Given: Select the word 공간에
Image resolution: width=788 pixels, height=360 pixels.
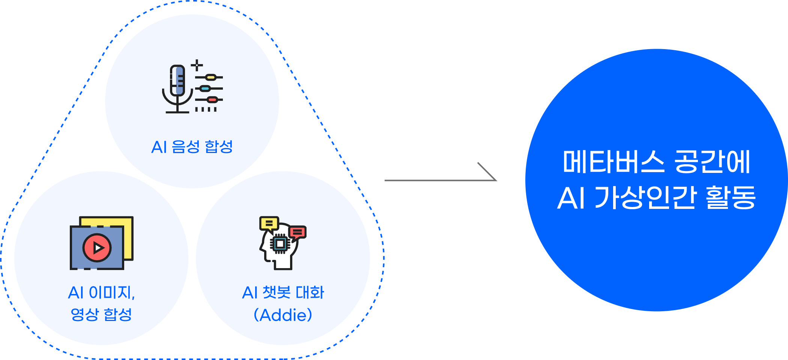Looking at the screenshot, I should (x=712, y=162).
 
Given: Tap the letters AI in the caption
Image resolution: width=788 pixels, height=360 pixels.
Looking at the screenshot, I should (x=571, y=198).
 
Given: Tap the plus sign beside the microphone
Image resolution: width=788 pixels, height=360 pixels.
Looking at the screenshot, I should (x=197, y=66).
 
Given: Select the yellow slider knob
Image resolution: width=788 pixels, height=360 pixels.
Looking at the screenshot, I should (x=211, y=77).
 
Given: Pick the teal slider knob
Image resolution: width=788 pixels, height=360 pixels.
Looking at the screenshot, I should (x=205, y=89).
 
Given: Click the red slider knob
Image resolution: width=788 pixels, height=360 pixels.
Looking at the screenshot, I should (x=212, y=100).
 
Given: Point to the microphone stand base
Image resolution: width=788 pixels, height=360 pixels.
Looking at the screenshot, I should (x=177, y=112).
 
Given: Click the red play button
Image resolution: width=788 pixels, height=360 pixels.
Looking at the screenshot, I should (x=97, y=247).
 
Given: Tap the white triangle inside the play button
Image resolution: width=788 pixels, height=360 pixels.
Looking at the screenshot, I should (x=98, y=247).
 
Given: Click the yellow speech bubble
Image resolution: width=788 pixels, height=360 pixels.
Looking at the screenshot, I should (x=269, y=223).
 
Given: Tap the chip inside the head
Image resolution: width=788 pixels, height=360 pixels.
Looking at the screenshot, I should (x=280, y=244).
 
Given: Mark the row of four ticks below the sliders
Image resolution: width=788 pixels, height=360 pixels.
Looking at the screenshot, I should (x=206, y=109).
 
